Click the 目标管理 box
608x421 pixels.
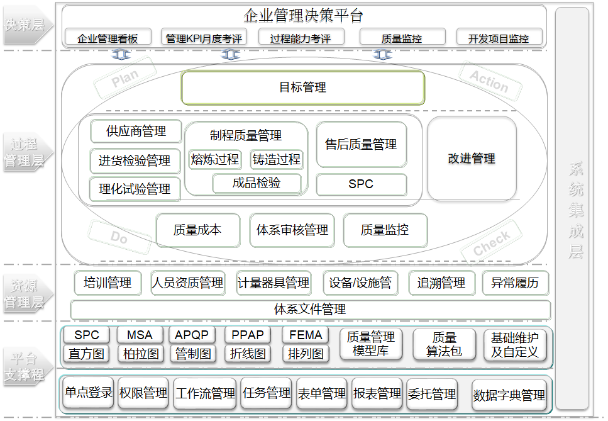(x=303, y=87)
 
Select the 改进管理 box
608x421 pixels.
(x=472, y=159)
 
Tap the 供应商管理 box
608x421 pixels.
(x=136, y=132)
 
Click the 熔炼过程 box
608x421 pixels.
(x=215, y=159)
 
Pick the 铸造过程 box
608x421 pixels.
(x=277, y=159)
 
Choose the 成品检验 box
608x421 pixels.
(x=257, y=183)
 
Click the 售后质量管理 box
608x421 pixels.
(x=361, y=145)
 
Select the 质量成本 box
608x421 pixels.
(x=197, y=230)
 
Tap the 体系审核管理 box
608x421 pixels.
(x=292, y=230)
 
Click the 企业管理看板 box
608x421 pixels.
(x=108, y=38)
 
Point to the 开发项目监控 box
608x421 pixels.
(x=499, y=38)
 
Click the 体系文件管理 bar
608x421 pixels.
(x=310, y=310)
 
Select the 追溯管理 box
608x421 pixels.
(x=441, y=283)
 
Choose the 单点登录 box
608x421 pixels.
(x=88, y=393)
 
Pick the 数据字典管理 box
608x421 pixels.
(x=509, y=396)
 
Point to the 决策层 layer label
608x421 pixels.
(x=25, y=26)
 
